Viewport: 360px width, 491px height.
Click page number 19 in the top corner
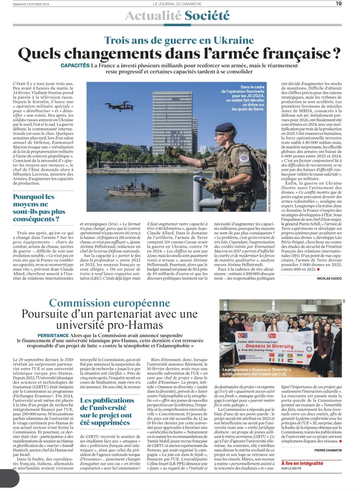pyautogui.click(x=338, y=4)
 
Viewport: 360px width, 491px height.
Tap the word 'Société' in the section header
pyautogui.click(x=207, y=16)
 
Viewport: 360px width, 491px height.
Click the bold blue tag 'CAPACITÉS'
pyautogui.click(x=75, y=66)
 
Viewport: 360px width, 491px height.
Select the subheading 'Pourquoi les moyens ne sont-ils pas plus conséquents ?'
pyautogui.click(x=39, y=208)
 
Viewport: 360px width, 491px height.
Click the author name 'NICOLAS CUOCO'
pyautogui.click(x=329, y=279)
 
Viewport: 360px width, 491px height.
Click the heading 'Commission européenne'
pyautogui.click(x=109, y=303)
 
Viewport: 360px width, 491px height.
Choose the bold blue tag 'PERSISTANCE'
pyautogui.click(x=53, y=336)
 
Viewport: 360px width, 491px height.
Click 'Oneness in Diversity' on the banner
pyautogui.click(x=269, y=346)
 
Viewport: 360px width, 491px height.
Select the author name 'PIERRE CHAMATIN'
pyautogui.click(x=328, y=450)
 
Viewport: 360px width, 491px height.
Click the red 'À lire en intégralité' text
pyautogui.click(x=302, y=463)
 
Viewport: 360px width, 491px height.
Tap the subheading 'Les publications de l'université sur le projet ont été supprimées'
pyautogui.click(x=107, y=411)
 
